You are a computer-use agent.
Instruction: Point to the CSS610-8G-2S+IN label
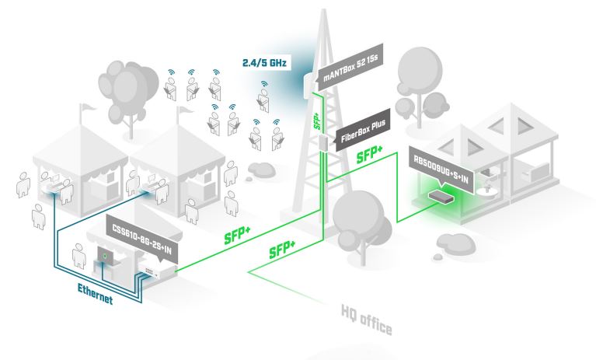143,228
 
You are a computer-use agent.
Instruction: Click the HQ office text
368,321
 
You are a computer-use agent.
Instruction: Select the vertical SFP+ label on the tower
315,120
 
